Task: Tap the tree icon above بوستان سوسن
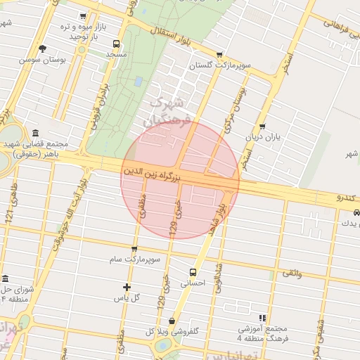(43, 49)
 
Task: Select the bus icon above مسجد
(116, 43)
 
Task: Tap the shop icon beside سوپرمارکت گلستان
(220, 54)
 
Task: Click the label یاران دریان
(262, 138)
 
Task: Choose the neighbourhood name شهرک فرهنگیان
(169, 111)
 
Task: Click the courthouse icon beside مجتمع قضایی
(35, 134)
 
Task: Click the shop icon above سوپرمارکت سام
(134, 248)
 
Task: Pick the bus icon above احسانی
(193, 272)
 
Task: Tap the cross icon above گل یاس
(127, 286)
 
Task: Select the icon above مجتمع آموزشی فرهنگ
(263, 318)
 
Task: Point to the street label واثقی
(292, 273)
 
